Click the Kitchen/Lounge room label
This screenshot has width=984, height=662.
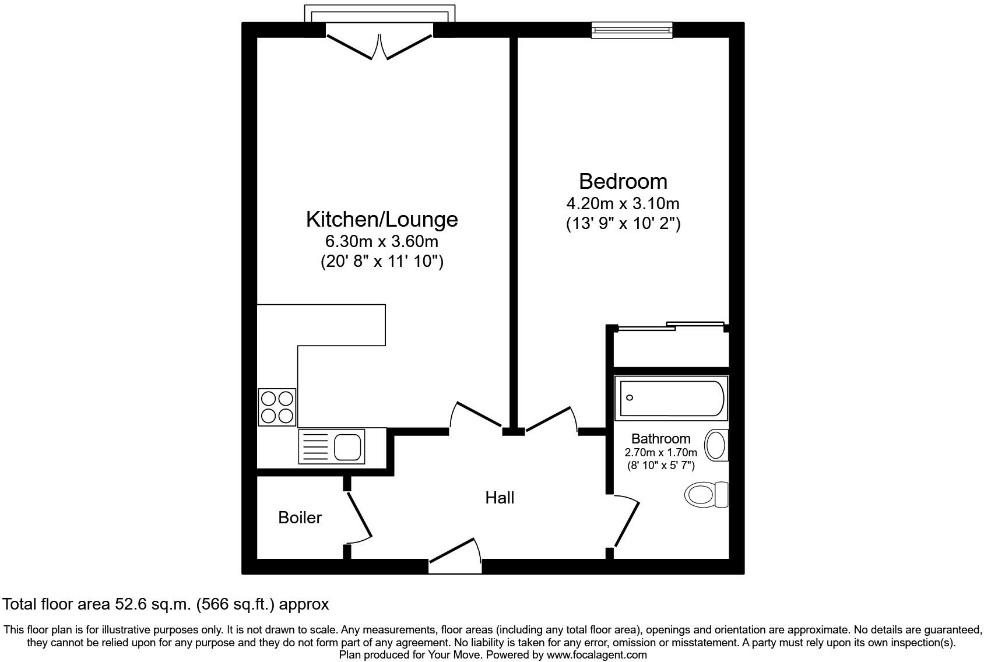[x=382, y=219]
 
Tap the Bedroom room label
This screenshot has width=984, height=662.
[x=623, y=181]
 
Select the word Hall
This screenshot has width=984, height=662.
[x=500, y=498]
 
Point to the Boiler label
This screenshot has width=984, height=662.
[x=300, y=517]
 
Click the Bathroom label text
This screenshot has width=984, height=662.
[x=660, y=439]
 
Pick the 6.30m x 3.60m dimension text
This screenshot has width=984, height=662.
[x=382, y=241]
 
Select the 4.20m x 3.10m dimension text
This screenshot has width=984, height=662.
[x=623, y=203]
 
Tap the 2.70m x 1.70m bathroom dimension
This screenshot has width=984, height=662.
[x=660, y=453]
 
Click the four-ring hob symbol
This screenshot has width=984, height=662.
[x=277, y=407]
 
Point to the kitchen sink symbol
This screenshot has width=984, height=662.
[x=332, y=446]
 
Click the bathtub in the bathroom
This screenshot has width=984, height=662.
[x=671, y=398]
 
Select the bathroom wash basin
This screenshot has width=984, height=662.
[x=716, y=446]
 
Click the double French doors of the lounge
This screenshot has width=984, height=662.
[x=379, y=47]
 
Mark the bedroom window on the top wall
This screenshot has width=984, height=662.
[x=632, y=30]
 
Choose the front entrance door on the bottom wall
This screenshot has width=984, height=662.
[x=455, y=556]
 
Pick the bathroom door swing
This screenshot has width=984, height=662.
[x=627, y=522]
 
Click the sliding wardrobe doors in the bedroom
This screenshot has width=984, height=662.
[x=670, y=326]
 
